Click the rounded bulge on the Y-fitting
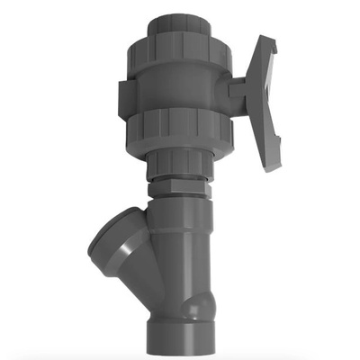[x=196, y=306]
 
